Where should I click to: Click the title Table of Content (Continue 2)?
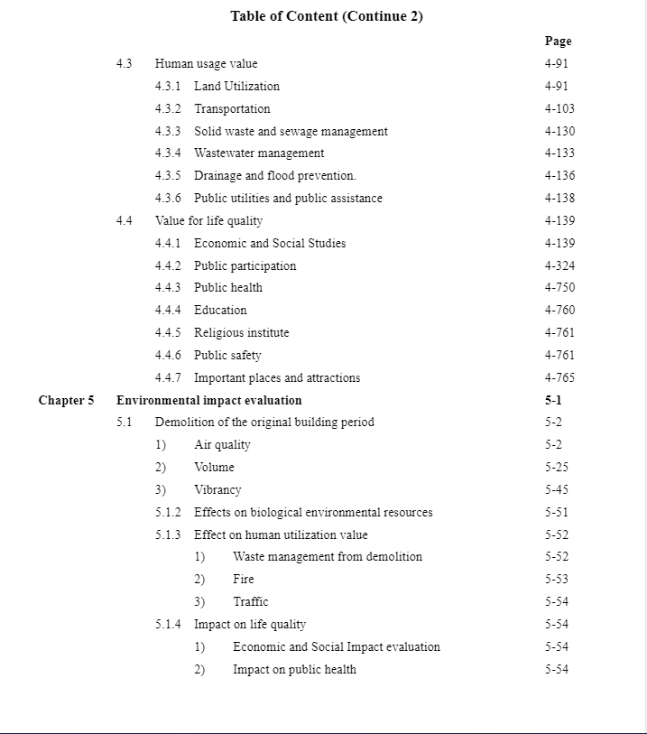click(x=327, y=16)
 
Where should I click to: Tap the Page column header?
click(x=558, y=41)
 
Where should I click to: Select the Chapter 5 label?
click(x=66, y=400)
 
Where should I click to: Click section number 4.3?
click(x=125, y=63)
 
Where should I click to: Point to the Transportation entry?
click(x=232, y=108)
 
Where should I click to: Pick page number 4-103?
click(x=559, y=108)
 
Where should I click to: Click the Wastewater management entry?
click(x=259, y=153)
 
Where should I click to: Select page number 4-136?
click(x=559, y=175)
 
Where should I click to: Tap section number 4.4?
click(x=125, y=220)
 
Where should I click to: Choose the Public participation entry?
click(x=245, y=265)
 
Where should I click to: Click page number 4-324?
click(x=559, y=265)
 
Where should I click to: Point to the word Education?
click(x=220, y=310)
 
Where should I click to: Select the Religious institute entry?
click(x=242, y=332)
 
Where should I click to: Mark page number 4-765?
click(x=559, y=377)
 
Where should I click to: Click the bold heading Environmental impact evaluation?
click(x=209, y=400)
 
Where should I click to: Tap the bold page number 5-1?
click(x=553, y=400)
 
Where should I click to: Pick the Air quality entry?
click(x=222, y=444)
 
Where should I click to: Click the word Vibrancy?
click(x=217, y=489)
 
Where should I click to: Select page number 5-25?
click(x=557, y=467)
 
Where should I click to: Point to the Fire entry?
click(x=244, y=579)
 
